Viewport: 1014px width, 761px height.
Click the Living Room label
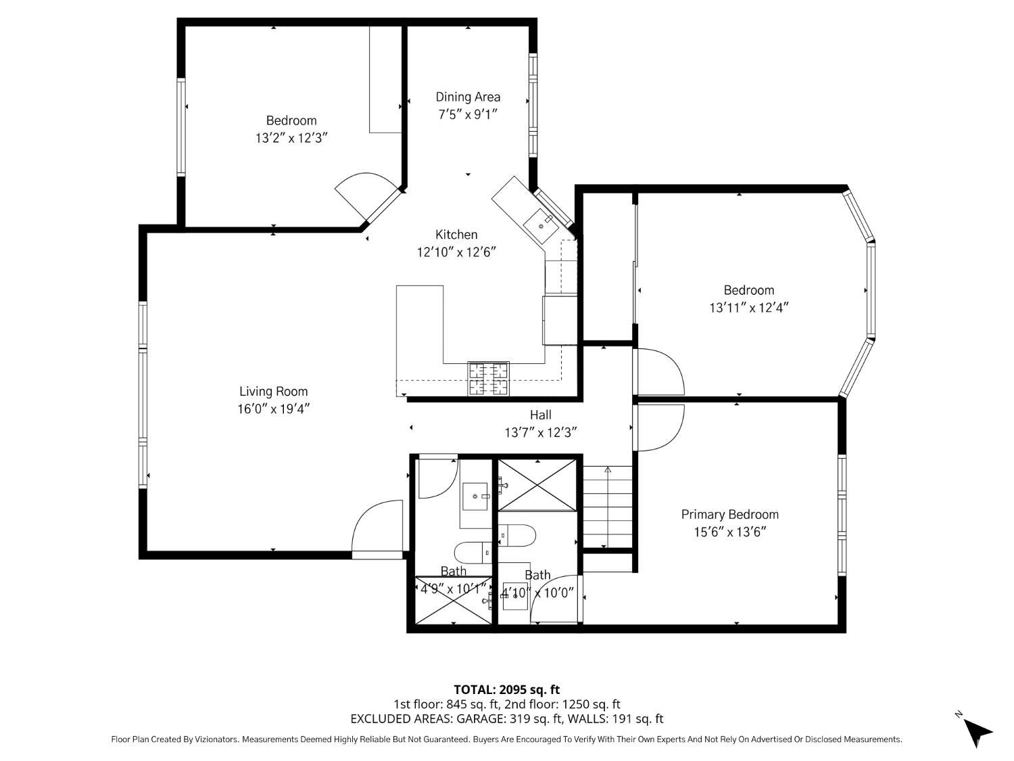pos(273,392)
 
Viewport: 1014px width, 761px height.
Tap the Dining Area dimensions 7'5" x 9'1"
pos(468,114)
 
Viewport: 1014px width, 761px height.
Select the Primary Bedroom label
pos(730,514)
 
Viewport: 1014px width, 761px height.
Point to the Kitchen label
pos(456,234)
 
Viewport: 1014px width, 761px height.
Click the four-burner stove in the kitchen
pos(488,379)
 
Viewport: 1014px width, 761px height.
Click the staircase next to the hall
pos(608,507)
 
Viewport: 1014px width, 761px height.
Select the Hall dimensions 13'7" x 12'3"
pos(541,432)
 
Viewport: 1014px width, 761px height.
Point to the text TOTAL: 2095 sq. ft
pos(507,689)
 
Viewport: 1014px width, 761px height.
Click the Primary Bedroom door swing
pos(658,428)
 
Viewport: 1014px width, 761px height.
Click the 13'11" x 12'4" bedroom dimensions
pos(748,307)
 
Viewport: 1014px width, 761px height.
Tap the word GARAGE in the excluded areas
pos(481,718)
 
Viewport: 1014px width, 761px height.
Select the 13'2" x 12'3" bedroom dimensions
pos(291,138)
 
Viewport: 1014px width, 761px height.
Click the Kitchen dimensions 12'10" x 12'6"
pos(456,252)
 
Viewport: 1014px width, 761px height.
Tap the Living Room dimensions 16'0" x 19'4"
pos(273,409)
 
